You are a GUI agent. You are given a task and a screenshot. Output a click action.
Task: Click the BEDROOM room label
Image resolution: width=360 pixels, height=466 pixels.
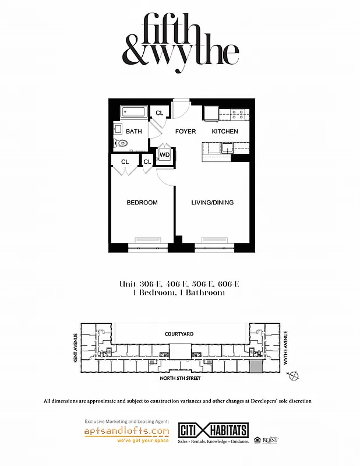(x=142, y=203)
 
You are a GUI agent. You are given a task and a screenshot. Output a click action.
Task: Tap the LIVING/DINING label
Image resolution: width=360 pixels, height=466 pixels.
(x=213, y=203)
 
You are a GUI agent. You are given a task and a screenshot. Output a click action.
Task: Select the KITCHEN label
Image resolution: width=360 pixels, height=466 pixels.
(x=224, y=132)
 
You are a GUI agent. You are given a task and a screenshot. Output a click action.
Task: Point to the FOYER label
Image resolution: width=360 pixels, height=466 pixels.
(x=186, y=132)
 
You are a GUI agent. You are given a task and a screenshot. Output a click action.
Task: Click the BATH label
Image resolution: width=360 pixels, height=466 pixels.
(x=134, y=132)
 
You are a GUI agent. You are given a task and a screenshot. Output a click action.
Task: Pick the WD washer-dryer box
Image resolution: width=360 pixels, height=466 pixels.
(x=165, y=155)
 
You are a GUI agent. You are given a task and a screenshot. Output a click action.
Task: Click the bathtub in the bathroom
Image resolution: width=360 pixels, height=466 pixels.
(x=135, y=112)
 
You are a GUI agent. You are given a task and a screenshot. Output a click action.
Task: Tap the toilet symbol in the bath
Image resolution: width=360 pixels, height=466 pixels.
(x=121, y=143)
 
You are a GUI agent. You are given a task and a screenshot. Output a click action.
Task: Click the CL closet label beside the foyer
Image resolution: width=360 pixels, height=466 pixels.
(x=160, y=112)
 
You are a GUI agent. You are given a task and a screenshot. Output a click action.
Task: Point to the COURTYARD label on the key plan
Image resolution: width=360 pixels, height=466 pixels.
(x=179, y=334)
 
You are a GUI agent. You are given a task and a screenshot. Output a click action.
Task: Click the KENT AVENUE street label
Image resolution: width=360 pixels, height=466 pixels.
(x=75, y=348)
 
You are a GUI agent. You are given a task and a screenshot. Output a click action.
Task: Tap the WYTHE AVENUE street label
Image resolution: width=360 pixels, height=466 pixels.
(x=285, y=348)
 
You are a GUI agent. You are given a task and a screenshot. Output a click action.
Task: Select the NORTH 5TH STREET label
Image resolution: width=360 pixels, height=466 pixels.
(x=180, y=379)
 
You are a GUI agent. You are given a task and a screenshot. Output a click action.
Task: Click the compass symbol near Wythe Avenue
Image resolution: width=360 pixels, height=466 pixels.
(x=294, y=375)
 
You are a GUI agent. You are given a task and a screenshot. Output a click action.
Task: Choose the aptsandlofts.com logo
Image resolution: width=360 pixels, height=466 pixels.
(x=126, y=432)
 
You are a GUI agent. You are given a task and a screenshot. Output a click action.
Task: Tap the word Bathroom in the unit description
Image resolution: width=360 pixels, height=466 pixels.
(x=204, y=293)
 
